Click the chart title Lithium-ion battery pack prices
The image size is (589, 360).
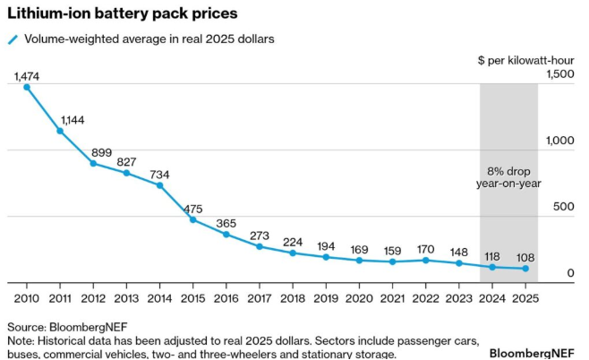click(122, 14)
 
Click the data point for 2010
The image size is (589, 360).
click(27, 87)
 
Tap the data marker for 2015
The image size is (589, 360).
click(192, 219)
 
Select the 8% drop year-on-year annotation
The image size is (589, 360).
click(508, 177)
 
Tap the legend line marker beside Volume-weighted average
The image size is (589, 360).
click(13, 39)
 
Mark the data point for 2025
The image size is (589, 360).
click(525, 269)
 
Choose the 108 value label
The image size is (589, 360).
click(525, 255)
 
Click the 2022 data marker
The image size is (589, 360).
click(425, 261)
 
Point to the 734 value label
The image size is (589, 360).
click(159, 174)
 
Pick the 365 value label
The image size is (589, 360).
click(226, 223)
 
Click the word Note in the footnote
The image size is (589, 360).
click(21, 341)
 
